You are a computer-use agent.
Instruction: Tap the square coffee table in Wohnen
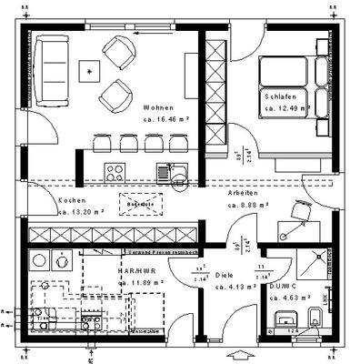pos(90,69)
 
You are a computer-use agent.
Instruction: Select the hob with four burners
pos(115,170)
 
